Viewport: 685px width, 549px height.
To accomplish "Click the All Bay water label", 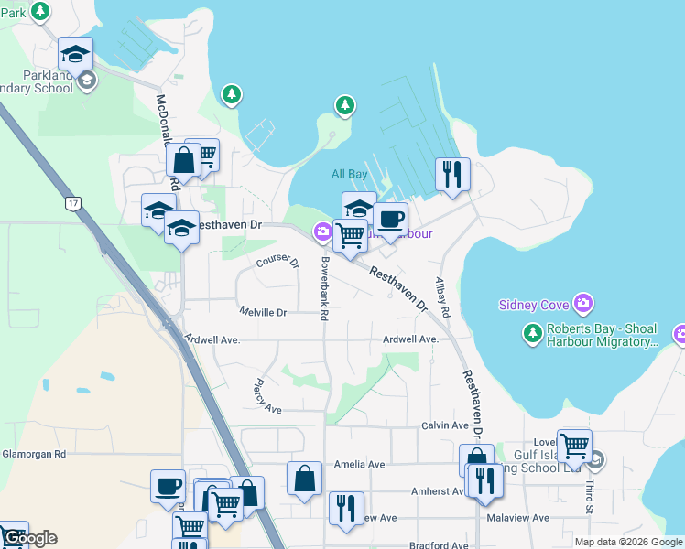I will click(349, 174).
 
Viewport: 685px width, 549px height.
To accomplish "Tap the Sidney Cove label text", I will click(536, 304).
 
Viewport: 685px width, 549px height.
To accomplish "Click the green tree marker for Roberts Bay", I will click(532, 334).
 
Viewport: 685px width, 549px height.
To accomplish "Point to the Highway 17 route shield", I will click(72, 201).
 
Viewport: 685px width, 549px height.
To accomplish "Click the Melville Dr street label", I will click(263, 312).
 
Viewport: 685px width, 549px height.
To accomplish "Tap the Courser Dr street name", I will click(277, 261).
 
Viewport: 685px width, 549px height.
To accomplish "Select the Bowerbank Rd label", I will click(323, 288).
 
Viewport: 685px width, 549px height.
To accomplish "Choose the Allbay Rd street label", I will click(443, 297).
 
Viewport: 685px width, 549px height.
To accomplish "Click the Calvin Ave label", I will click(445, 425).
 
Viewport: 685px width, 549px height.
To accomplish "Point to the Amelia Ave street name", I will click(360, 464).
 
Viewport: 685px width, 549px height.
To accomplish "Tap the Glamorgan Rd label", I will click(34, 453).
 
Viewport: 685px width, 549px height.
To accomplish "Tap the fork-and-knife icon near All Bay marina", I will click(452, 174).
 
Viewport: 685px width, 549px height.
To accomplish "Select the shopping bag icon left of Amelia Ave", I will click(304, 479).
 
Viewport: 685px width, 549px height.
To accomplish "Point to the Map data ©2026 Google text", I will click(628, 542).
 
